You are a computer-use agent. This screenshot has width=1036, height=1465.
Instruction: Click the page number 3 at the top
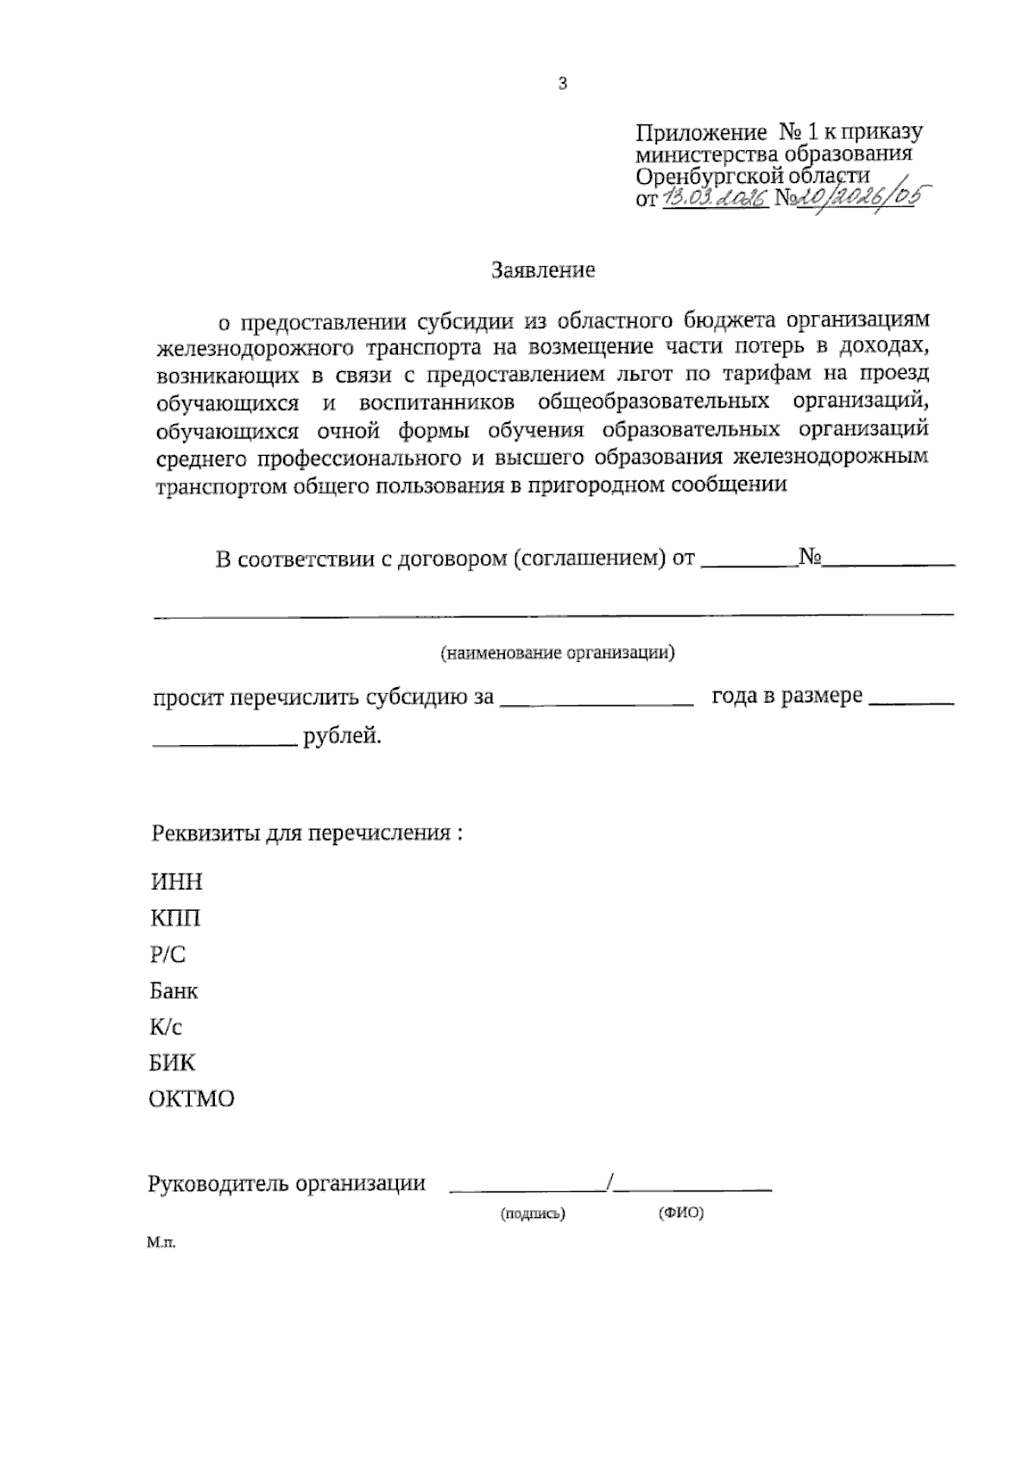pyautogui.click(x=563, y=85)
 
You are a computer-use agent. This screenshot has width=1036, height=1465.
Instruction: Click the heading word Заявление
pyautogui.click(x=543, y=270)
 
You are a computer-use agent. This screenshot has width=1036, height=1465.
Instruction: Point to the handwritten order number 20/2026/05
pyautogui.click(x=856, y=198)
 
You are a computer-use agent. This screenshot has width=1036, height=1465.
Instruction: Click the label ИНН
pyautogui.click(x=176, y=881)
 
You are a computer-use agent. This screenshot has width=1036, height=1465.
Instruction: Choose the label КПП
pyautogui.click(x=175, y=918)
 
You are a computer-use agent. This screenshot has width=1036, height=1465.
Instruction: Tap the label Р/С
pyautogui.click(x=167, y=954)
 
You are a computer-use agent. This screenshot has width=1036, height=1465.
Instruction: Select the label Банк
pyautogui.click(x=174, y=990)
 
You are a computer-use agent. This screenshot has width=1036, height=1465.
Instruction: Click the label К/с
pyautogui.click(x=166, y=1026)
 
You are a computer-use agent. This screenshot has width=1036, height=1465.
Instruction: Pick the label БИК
pyautogui.click(x=173, y=1063)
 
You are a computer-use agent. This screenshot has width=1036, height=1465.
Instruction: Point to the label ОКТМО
pyautogui.click(x=192, y=1100)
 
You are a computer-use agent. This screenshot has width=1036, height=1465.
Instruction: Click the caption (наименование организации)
pyautogui.click(x=558, y=653)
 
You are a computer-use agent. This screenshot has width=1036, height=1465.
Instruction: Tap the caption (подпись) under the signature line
pyautogui.click(x=533, y=1214)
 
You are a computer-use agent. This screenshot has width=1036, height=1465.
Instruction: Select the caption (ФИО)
pyautogui.click(x=681, y=1213)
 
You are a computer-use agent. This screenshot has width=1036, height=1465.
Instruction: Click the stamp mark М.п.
pyautogui.click(x=161, y=1244)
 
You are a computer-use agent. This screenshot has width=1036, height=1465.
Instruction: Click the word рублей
pyautogui.click(x=342, y=736)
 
